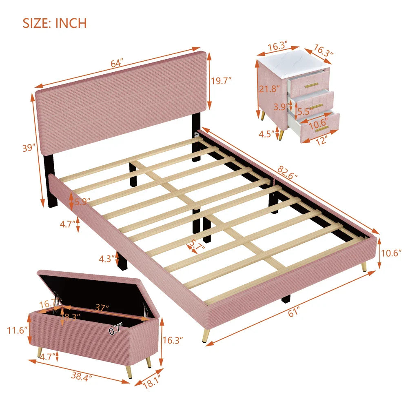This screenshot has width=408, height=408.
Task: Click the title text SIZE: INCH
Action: click(x=55, y=23)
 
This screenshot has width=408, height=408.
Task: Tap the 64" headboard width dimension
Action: click(x=116, y=64)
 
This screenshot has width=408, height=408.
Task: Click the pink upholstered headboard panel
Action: click(x=120, y=104)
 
